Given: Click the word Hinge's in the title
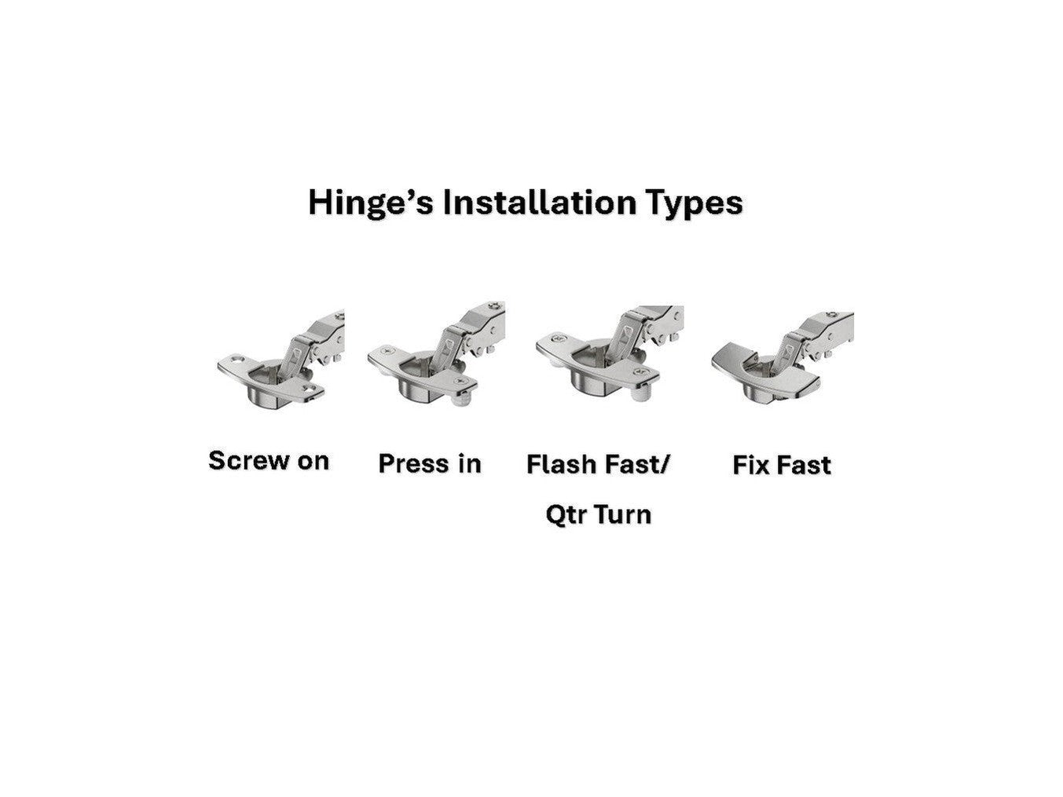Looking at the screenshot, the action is pyautogui.click(x=370, y=203).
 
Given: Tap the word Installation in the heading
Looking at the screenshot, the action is pyautogui.click(x=538, y=203).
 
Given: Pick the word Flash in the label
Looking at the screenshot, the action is pyautogui.click(x=561, y=465).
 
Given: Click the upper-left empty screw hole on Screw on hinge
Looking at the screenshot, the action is pyautogui.click(x=237, y=360).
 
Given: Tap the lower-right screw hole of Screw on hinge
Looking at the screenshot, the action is pyautogui.click(x=308, y=389).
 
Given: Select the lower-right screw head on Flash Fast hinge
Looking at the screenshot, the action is pyautogui.click(x=642, y=371).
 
